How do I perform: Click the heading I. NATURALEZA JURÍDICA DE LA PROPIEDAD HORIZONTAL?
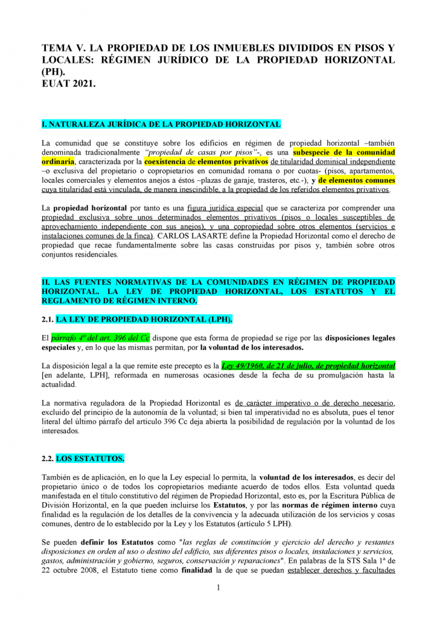click(161, 124)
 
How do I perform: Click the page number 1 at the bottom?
click(218, 588)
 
